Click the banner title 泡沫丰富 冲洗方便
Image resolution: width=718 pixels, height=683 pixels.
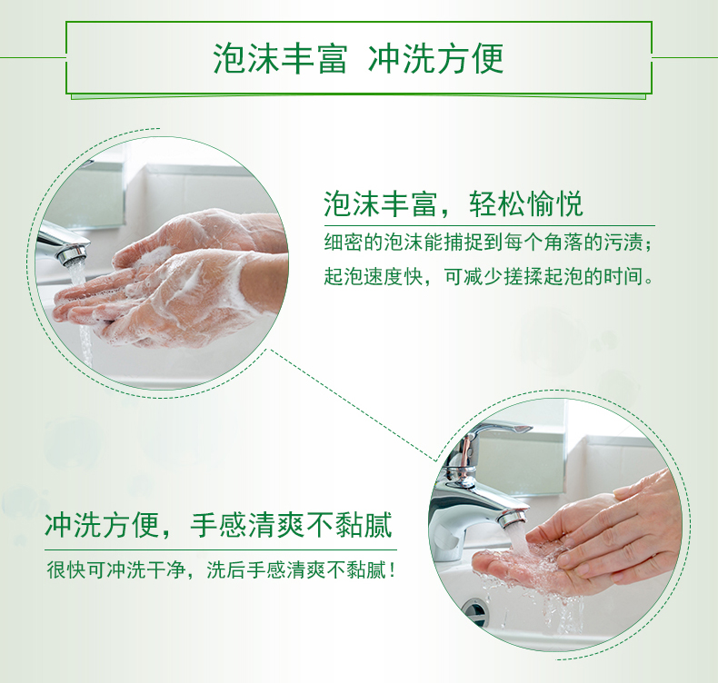[x=358, y=58]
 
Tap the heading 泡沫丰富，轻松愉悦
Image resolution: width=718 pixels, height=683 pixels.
[x=454, y=203]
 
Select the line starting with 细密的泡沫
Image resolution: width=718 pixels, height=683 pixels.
[x=488, y=243]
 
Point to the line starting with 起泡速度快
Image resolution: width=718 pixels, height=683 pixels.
[x=489, y=276]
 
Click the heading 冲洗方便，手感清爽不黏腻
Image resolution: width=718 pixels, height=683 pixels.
[x=218, y=525]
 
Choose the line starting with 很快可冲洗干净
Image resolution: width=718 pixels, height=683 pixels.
[x=221, y=570]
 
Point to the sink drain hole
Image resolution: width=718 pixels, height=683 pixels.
[x=474, y=611]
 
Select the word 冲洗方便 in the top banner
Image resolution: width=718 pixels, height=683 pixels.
[x=435, y=58]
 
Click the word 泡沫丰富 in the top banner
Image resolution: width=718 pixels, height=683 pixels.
[x=280, y=58]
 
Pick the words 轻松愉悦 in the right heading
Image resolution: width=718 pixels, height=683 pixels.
[x=525, y=203]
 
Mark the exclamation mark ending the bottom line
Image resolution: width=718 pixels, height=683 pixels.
[x=392, y=570]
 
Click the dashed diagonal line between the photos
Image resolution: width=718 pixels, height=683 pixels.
[x=353, y=405]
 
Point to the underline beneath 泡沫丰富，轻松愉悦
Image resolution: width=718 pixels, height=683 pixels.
[x=490, y=226]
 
